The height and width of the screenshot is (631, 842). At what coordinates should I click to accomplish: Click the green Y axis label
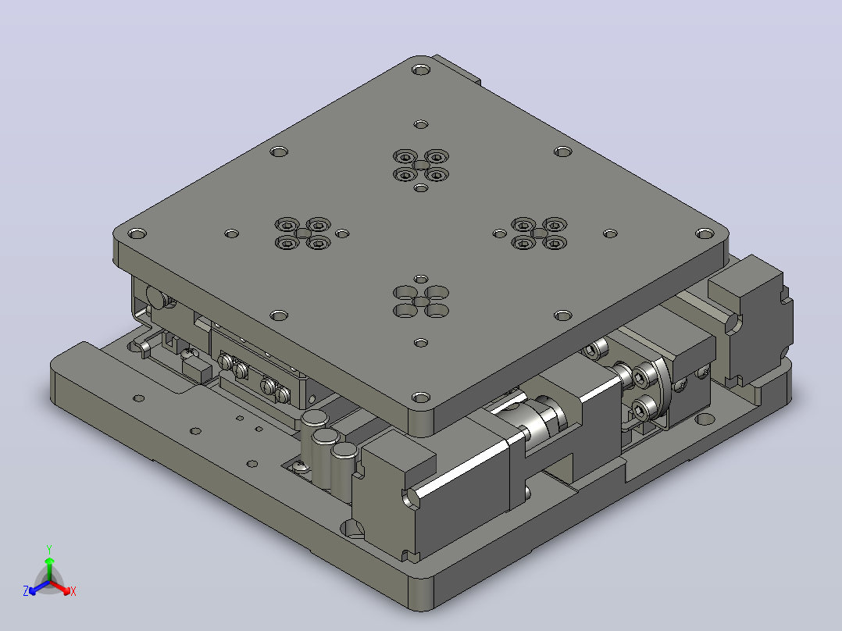pos(49,549)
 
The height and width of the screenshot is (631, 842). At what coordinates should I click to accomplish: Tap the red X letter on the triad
pos(73,591)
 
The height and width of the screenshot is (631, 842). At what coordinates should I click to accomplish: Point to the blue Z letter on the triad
pos(26,590)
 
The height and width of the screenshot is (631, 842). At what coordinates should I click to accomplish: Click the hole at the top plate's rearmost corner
pos(421,70)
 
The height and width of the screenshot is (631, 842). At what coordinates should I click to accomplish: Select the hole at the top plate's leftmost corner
pos(137,234)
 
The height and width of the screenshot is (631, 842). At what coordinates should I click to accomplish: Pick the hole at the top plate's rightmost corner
pos(705,234)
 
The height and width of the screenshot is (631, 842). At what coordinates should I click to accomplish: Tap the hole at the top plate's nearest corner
pos(421,398)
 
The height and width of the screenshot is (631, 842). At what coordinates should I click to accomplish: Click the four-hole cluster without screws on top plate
pos(421,301)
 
